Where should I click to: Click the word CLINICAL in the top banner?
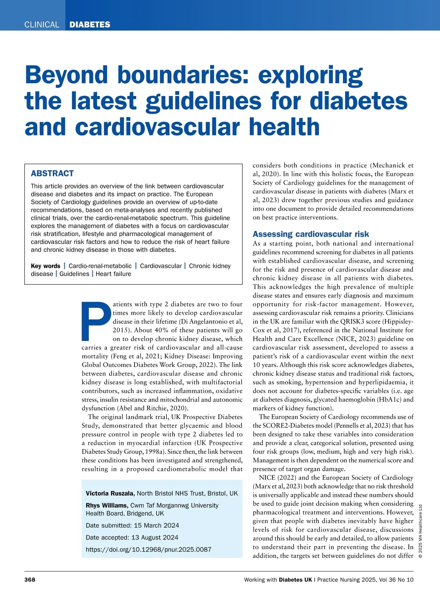pos(41,25)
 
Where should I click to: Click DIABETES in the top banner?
pos(90,25)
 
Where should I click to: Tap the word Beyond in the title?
pos(66,75)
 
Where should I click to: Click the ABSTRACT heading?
pos(52,173)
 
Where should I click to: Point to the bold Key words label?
pos(45,266)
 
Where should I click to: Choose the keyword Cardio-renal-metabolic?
pos(100,266)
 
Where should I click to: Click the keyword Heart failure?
pos(113,274)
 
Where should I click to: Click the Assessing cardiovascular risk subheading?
pos(311,234)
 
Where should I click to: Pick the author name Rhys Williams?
pos(107,506)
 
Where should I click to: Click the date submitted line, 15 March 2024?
pos(132,525)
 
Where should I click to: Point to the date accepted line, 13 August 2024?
pos(132,538)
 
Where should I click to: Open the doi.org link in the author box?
pos(148,550)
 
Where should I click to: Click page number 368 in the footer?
pos(30,580)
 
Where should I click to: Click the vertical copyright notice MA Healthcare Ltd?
pos(420,531)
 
